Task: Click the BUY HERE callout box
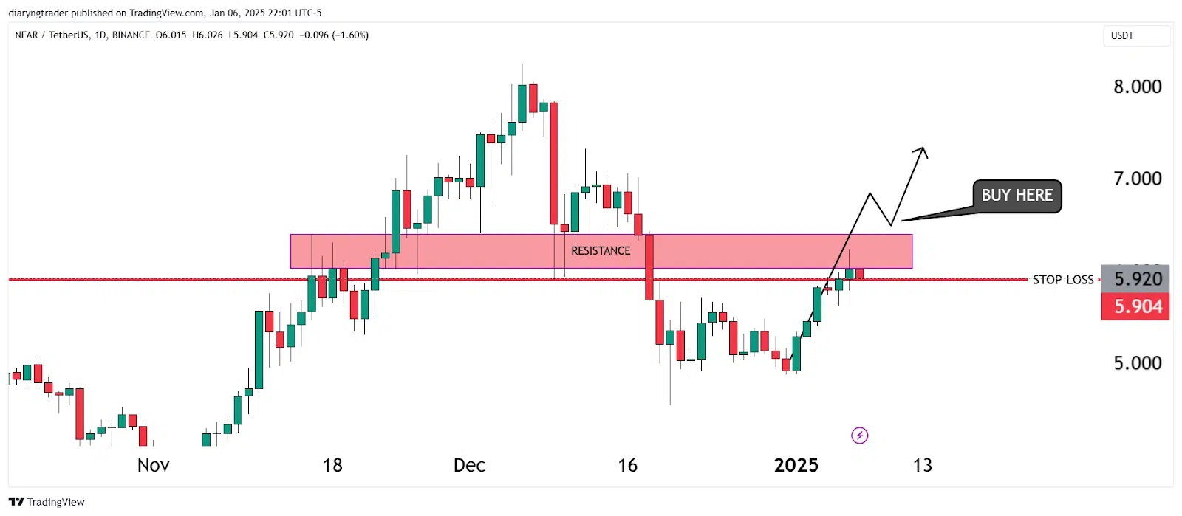pyautogui.click(x=1017, y=196)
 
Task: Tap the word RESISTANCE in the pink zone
pyautogui.click(x=601, y=251)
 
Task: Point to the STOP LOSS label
pyautogui.click(x=1062, y=280)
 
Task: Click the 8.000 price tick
pyautogui.click(x=1137, y=87)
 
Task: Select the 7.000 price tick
pyautogui.click(x=1137, y=179)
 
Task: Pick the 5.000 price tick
pyautogui.click(x=1137, y=363)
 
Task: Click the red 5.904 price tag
pyautogui.click(x=1135, y=306)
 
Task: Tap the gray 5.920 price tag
pyautogui.click(x=1135, y=279)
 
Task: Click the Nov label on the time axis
pyautogui.click(x=154, y=465)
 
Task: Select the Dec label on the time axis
pyautogui.click(x=469, y=465)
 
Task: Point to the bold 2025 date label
pyautogui.click(x=796, y=465)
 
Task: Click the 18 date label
pyautogui.click(x=332, y=465)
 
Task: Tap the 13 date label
pyautogui.click(x=922, y=465)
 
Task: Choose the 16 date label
pyautogui.click(x=627, y=465)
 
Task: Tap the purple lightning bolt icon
pyautogui.click(x=859, y=436)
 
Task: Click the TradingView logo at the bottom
pyautogui.click(x=47, y=502)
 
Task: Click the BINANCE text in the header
pyautogui.click(x=131, y=35)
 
